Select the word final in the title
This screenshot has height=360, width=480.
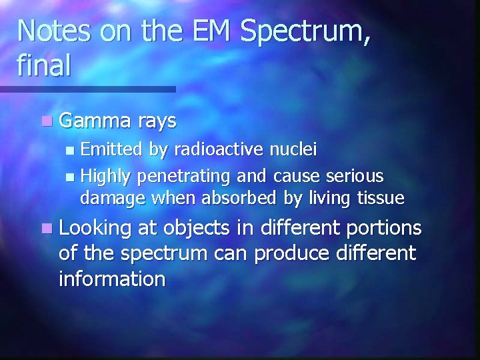44,67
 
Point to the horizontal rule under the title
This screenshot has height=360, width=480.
87,89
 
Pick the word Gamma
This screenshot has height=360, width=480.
96,121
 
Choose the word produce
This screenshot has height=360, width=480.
287,254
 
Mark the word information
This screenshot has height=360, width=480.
111,278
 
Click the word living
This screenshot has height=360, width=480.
321,197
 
